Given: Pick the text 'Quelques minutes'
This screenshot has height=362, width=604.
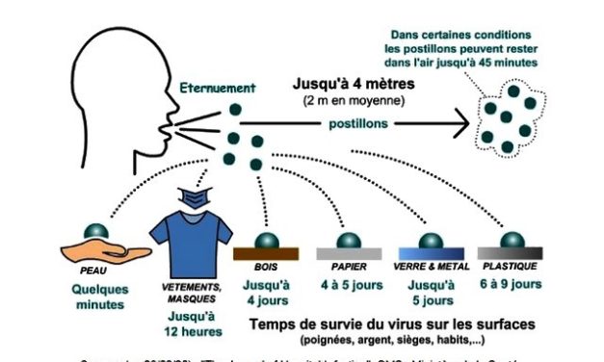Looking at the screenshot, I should click(x=98, y=296).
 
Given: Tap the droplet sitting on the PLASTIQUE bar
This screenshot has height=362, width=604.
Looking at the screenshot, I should click(x=512, y=239).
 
